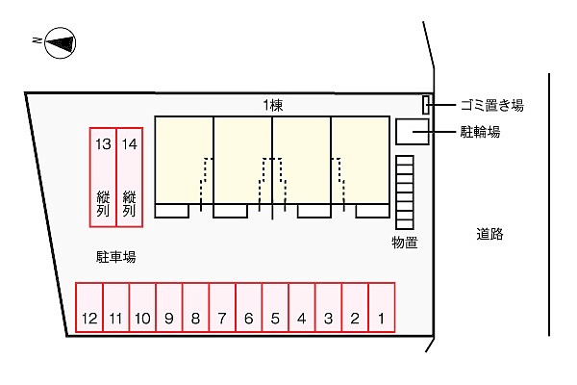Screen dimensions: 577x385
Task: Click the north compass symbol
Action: coord(60,42)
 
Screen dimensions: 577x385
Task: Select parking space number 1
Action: coord(382,308)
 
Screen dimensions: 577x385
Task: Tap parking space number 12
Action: coord(89,308)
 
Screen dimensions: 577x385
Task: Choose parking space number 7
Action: coord(222,308)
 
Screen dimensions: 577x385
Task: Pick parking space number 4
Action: coord(302,308)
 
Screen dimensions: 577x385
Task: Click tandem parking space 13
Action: coord(103,177)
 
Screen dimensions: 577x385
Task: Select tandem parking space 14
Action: coord(130,177)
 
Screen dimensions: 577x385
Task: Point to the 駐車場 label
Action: coord(115,257)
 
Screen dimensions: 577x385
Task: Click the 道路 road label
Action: coord(489,234)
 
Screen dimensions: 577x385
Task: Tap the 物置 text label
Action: coord(405,243)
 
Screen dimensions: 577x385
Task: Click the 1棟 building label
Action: coord(273,106)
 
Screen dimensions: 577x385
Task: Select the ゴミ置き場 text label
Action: coord(492,105)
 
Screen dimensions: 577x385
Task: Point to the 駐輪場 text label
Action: coord(480,132)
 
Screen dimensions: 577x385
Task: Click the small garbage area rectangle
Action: coord(425,105)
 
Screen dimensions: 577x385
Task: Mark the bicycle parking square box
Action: coord(413,132)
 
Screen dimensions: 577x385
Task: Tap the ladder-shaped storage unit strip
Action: coord(405,192)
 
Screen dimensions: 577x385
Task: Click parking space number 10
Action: coord(142,308)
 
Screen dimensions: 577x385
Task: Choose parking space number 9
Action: coord(169,308)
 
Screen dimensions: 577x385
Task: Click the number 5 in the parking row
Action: coord(275,319)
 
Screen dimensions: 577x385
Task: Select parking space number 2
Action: coord(355,308)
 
